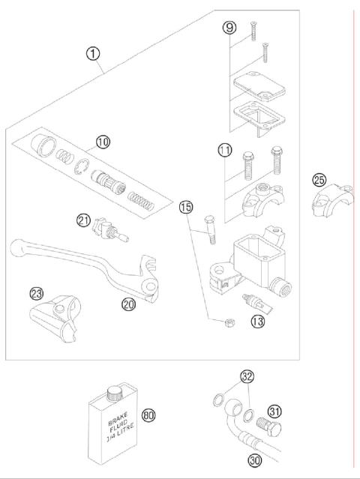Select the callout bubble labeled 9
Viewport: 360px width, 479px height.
pos(229,28)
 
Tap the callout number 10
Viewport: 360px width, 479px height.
pos(102,140)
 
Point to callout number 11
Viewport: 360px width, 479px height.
pos(225,151)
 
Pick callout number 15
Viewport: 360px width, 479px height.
pos(185,207)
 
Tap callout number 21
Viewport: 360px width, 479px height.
pos(82,220)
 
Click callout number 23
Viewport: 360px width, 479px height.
pos(36,294)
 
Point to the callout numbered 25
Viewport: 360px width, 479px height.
pos(319,180)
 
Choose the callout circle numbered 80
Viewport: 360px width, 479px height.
pos(148,415)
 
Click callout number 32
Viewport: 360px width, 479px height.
pos(247,376)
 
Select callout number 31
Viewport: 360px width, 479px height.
pos(274,411)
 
